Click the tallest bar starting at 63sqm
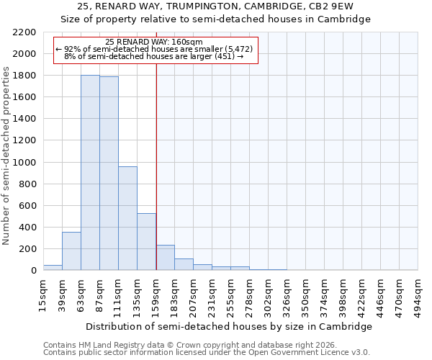[x=90, y=173]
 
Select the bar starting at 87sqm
[x=109, y=174]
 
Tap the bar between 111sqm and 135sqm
[x=127, y=218]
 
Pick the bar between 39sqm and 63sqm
[x=71, y=251]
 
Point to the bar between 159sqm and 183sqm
[x=165, y=258]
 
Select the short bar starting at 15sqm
[x=53, y=268]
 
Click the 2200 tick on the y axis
[x=24, y=32]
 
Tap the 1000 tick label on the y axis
[x=24, y=163]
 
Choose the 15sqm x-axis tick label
[x=44, y=294]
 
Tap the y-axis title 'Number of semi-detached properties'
[x=6, y=156]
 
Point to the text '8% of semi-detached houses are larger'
[x=153, y=56]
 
